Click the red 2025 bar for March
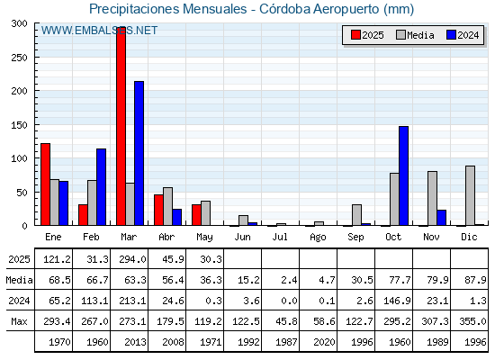[121, 126]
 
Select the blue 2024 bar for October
[404, 175]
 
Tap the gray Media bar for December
[470, 196]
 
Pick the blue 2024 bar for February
[101, 187]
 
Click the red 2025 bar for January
[45, 184]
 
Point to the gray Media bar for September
[356, 215]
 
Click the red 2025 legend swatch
[355, 35]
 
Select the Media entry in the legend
[415, 35]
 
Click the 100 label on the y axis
[19, 158]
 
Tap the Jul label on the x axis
[280, 237]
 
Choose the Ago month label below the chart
[318, 238]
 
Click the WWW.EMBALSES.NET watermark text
[99, 31]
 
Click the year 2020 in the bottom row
[324, 342]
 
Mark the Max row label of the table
[19, 321]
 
